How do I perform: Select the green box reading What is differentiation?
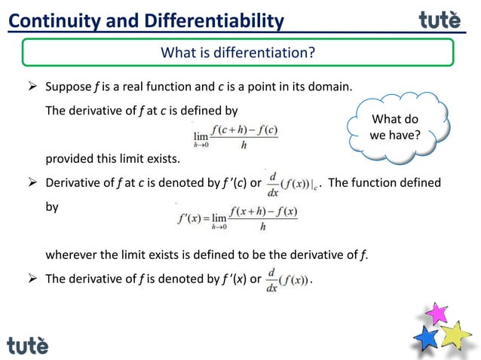237,53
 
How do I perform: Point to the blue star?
427,337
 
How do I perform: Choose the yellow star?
455,334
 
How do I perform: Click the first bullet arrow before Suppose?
32,87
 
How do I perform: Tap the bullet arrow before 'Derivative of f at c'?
32,183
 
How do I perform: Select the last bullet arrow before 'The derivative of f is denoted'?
32,279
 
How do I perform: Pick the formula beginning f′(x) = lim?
237,217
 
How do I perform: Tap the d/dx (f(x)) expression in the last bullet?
286,279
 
